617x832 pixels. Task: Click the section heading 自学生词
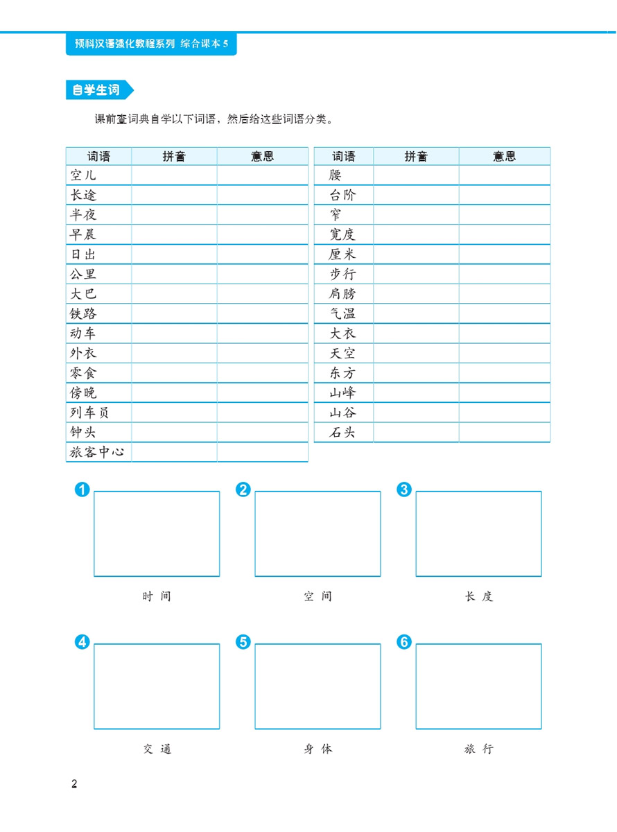click(96, 91)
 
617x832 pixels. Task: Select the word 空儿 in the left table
click(83, 175)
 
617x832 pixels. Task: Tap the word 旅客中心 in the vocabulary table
click(98, 453)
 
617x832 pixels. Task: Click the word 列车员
click(90, 413)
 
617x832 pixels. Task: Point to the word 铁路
click(84, 314)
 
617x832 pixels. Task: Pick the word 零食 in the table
click(84, 374)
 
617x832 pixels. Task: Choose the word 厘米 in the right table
click(342, 254)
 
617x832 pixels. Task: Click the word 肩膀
click(342, 294)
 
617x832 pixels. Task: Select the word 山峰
click(342, 393)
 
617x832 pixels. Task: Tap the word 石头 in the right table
click(342, 433)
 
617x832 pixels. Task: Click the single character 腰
click(336, 175)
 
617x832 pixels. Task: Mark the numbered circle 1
click(82, 490)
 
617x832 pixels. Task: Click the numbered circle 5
click(243, 642)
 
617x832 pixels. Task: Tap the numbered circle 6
click(403, 642)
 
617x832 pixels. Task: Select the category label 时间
click(157, 596)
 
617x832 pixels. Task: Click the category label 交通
click(157, 749)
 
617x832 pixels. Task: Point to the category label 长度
click(478, 596)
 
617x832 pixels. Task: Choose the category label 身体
click(318, 749)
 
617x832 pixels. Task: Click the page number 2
click(75, 785)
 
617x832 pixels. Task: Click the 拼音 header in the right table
click(416, 157)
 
